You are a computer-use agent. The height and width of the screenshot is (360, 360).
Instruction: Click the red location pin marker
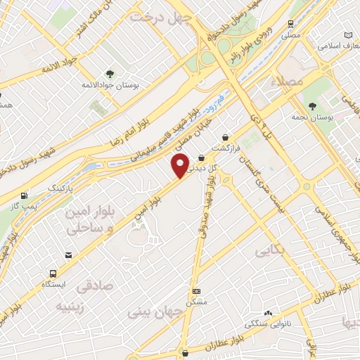180,166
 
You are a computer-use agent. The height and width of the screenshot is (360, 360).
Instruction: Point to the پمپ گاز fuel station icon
26,195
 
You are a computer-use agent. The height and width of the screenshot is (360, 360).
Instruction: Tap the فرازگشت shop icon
224,137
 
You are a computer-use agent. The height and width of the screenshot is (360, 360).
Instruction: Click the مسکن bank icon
196,291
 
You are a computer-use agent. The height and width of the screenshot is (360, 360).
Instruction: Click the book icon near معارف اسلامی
349,35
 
